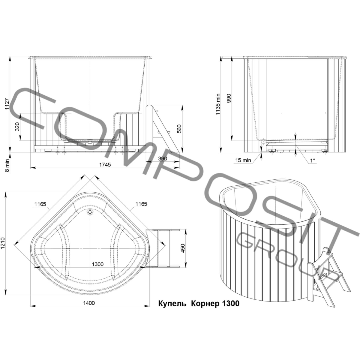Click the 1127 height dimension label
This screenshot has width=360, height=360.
[7, 104]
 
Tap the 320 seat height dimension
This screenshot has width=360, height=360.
[17, 127]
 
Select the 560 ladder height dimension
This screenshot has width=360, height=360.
[179, 129]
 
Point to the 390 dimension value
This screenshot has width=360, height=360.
[162, 159]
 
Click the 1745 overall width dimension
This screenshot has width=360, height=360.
[105, 165]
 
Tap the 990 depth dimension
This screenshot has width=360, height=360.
[229, 98]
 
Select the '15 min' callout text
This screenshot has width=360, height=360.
[243, 160]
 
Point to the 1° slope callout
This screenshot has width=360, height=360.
[313, 160]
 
